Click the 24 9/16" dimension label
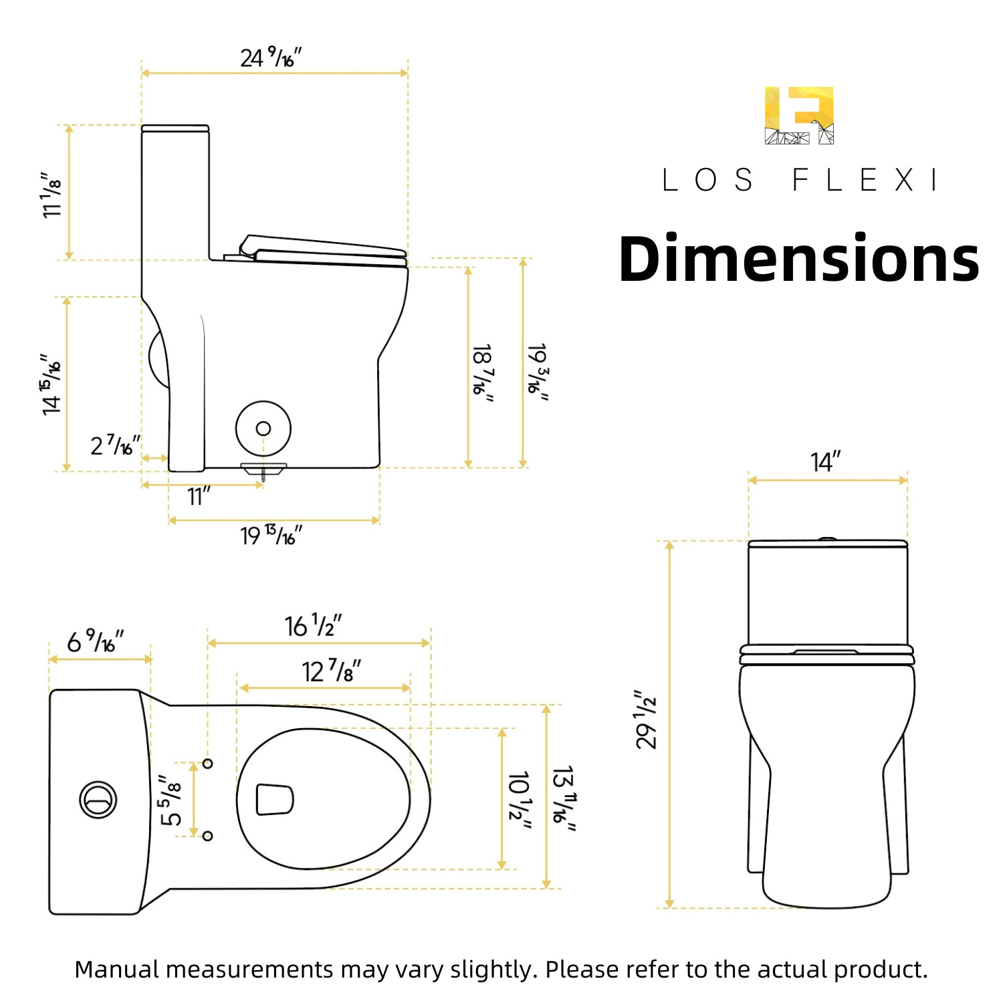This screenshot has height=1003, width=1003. coord(271,58)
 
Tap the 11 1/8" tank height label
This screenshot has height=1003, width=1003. coord(51,194)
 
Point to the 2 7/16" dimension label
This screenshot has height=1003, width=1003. coord(116,445)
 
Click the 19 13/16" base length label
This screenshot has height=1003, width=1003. coord(271,535)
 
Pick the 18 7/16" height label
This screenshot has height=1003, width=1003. coord(483,373)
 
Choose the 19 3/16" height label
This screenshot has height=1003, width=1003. coord(538,372)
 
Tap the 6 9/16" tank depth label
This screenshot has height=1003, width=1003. coord(96,641)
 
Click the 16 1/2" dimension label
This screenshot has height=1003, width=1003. coord(314,625)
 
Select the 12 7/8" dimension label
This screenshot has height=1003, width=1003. coord(332,671)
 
